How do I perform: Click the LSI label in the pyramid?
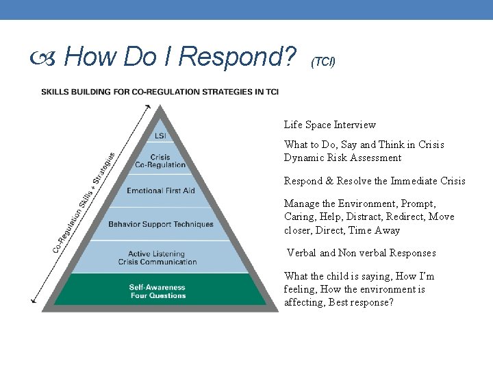(x=160, y=136)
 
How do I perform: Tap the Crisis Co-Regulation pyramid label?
(x=160, y=161)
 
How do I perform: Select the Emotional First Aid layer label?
(x=160, y=190)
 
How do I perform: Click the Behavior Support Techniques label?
(x=160, y=224)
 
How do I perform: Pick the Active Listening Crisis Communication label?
(x=157, y=258)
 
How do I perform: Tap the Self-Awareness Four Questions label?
(x=157, y=291)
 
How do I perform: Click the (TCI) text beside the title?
(x=323, y=62)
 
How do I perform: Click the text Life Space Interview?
(x=329, y=125)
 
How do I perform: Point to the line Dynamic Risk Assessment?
(x=342, y=158)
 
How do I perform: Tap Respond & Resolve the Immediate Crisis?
(x=375, y=181)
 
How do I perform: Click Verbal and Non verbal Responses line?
(x=361, y=253)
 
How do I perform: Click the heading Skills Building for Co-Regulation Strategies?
(x=160, y=92)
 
